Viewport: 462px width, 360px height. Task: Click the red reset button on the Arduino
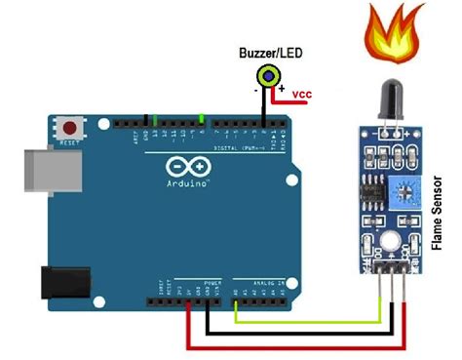click(69, 127)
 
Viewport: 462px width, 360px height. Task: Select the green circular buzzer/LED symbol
click(266, 75)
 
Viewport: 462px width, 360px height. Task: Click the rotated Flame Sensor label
click(441, 213)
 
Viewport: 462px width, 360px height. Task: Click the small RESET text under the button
click(69, 143)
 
